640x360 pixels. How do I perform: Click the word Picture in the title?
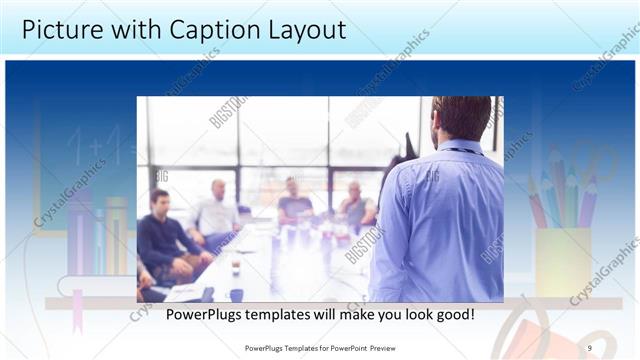pos(62,29)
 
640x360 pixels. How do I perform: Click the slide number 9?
pos(590,347)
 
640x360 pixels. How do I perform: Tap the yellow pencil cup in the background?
pos(563,262)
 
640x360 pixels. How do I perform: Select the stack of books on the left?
pos(96,235)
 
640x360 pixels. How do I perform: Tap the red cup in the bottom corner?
pos(520,335)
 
